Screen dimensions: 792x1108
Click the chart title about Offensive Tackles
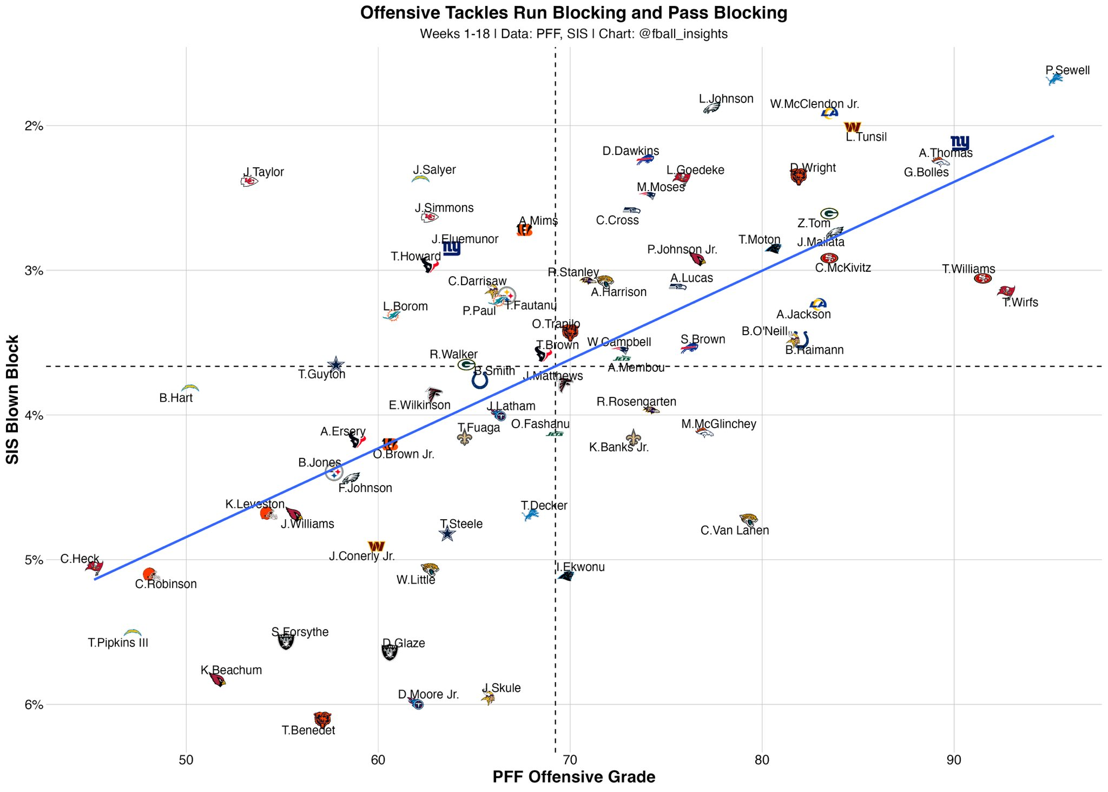coord(573,13)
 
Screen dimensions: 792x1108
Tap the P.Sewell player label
coord(1067,70)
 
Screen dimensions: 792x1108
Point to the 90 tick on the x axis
coord(954,760)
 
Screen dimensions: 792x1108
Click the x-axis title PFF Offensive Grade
coord(573,777)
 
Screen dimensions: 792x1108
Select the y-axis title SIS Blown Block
coord(12,399)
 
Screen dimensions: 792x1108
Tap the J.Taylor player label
coord(263,173)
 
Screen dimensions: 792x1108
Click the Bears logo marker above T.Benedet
coord(322,719)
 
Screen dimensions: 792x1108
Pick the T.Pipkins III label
coord(118,643)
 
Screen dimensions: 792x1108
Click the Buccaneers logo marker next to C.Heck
coord(95,566)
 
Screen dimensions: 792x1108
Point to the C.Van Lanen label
coord(734,531)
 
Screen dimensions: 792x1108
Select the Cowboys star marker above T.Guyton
coord(335,364)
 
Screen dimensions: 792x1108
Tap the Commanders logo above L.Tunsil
coord(852,127)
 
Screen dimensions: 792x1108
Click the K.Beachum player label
coord(231,670)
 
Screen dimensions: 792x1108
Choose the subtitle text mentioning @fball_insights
coord(573,34)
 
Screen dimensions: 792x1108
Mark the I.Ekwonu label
coord(581,567)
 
